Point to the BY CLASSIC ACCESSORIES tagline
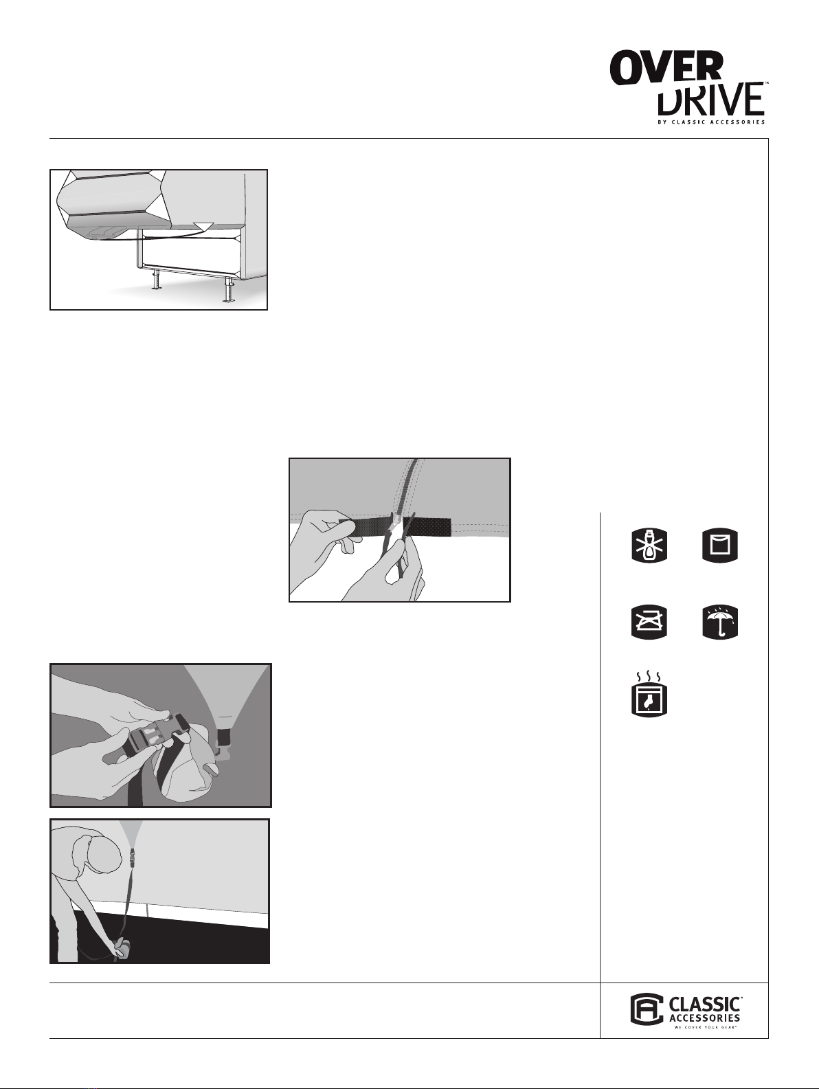[711, 122]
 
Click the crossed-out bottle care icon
[649, 546]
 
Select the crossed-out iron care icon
[649, 622]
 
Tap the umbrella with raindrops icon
[720, 622]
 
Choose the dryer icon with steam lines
[649, 695]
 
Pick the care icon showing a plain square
[720, 546]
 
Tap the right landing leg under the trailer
[229, 292]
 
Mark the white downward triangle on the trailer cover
[203, 226]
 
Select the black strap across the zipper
[395, 527]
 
